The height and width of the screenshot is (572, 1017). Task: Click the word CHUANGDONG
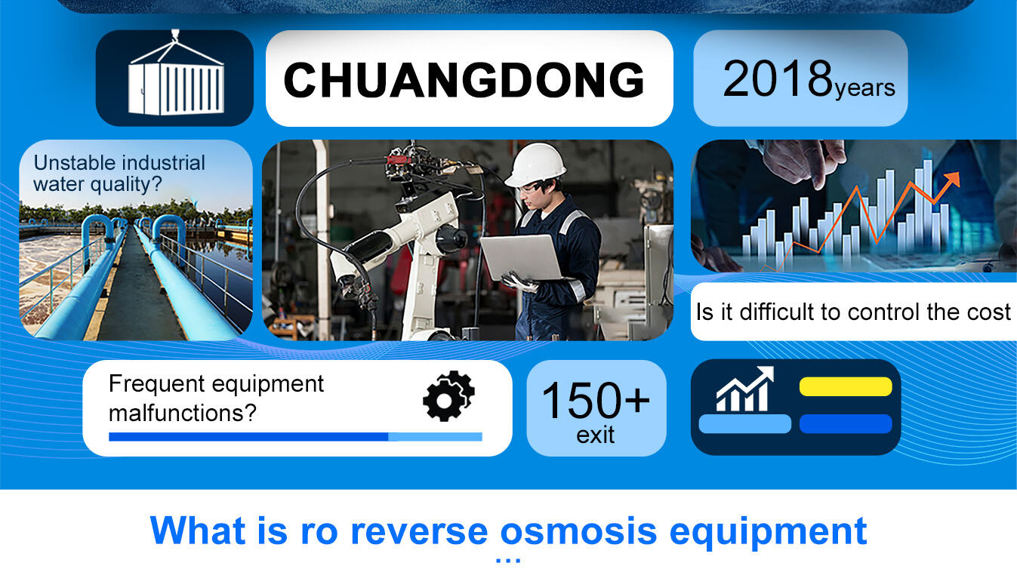464,80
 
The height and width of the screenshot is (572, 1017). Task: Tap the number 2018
778,79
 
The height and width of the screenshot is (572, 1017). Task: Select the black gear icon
448,396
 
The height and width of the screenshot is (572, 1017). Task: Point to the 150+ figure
596,400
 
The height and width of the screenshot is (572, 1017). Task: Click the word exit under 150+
595,435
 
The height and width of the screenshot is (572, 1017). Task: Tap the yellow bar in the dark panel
846,386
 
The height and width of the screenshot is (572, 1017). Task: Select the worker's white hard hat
536,165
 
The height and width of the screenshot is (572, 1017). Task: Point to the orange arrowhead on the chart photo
951,178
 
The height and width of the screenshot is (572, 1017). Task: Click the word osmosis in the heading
578,530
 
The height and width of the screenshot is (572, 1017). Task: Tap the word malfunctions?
183,413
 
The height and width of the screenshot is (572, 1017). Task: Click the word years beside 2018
865,88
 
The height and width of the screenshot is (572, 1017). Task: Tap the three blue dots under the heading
508,561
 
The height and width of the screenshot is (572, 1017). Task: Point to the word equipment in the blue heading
768,532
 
